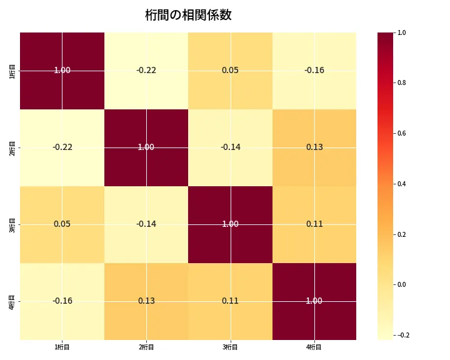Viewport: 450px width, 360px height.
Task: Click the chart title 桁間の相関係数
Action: coord(188,15)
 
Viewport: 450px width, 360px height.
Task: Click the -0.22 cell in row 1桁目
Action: coord(146,70)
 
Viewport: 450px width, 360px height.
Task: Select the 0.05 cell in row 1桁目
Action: coord(230,70)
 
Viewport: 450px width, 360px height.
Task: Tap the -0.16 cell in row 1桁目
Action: coord(314,70)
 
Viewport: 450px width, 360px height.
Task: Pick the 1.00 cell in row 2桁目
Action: coord(146,147)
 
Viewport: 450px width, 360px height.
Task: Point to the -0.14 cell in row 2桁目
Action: coord(230,147)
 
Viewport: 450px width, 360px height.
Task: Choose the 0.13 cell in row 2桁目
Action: coord(314,147)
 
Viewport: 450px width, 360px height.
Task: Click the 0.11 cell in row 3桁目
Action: coord(314,224)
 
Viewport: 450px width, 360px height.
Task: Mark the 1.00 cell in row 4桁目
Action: coord(314,301)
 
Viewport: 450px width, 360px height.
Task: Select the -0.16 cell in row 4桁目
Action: coord(62,301)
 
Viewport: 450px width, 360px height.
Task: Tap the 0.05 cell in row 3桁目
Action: coord(62,224)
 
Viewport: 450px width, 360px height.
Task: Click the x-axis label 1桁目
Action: coord(62,347)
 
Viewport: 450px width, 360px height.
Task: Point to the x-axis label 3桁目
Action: coord(230,347)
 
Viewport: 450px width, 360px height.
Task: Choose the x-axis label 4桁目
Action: coord(314,347)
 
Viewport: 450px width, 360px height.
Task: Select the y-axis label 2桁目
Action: coord(12,147)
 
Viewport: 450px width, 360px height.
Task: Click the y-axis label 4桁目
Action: coord(12,301)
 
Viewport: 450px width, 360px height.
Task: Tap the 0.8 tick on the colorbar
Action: coord(402,83)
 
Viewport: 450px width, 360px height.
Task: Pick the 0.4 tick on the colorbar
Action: coord(402,184)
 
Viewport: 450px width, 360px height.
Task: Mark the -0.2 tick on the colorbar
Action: coord(402,335)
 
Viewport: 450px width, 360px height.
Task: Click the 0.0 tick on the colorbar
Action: coord(402,284)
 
